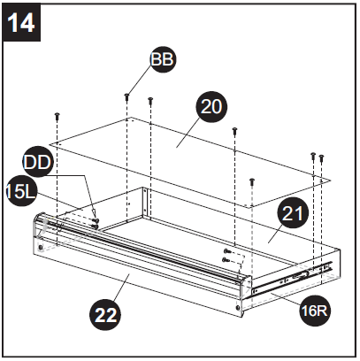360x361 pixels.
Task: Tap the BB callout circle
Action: point(163,59)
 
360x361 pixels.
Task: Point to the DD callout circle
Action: point(36,164)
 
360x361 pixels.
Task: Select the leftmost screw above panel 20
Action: point(57,115)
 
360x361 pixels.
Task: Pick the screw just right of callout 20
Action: point(234,131)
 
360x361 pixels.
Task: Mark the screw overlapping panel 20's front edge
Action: point(252,181)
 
